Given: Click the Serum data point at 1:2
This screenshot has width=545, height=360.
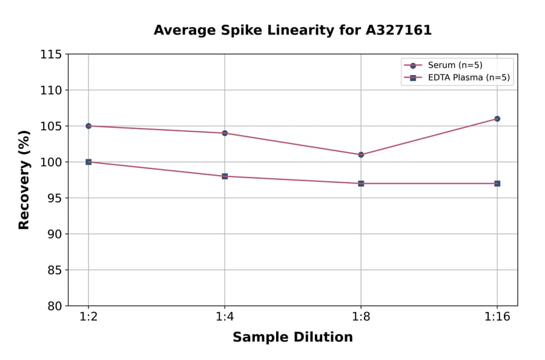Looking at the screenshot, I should click(x=88, y=126).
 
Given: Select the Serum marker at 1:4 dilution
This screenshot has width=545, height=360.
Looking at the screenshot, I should click(x=225, y=133).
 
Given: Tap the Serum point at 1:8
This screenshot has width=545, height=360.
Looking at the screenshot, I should click(x=361, y=155).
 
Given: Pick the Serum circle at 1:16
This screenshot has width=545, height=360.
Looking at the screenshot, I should click(x=497, y=119).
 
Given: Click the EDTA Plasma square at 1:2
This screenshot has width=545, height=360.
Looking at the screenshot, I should click(x=88, y=162).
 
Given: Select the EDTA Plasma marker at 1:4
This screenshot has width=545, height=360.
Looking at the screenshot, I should click(x=225, y=176).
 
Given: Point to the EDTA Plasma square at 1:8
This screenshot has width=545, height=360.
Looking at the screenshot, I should click(x=361, y=183).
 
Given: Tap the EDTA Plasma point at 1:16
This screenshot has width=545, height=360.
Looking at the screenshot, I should click(x=497, y=183).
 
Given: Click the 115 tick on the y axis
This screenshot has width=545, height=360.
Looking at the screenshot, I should click(x=51, y=55).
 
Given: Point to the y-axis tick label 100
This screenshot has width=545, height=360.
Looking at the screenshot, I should click(x=51, y=162).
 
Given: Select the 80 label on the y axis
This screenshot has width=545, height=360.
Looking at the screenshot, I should click(x=54, y=306).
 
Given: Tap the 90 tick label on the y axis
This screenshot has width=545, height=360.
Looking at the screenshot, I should click(x=54, y=234).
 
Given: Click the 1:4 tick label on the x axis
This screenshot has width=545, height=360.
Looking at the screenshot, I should click(x=225, y=318).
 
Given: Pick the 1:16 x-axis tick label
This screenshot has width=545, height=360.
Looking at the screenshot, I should click(x=497, y=318).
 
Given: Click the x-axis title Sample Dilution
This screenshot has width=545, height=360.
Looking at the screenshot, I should click(x=292, y=338).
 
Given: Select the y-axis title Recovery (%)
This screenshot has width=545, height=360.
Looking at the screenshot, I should click(x=24, y=180).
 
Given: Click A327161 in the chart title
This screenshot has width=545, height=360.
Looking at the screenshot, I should click(x=398, y=30).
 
